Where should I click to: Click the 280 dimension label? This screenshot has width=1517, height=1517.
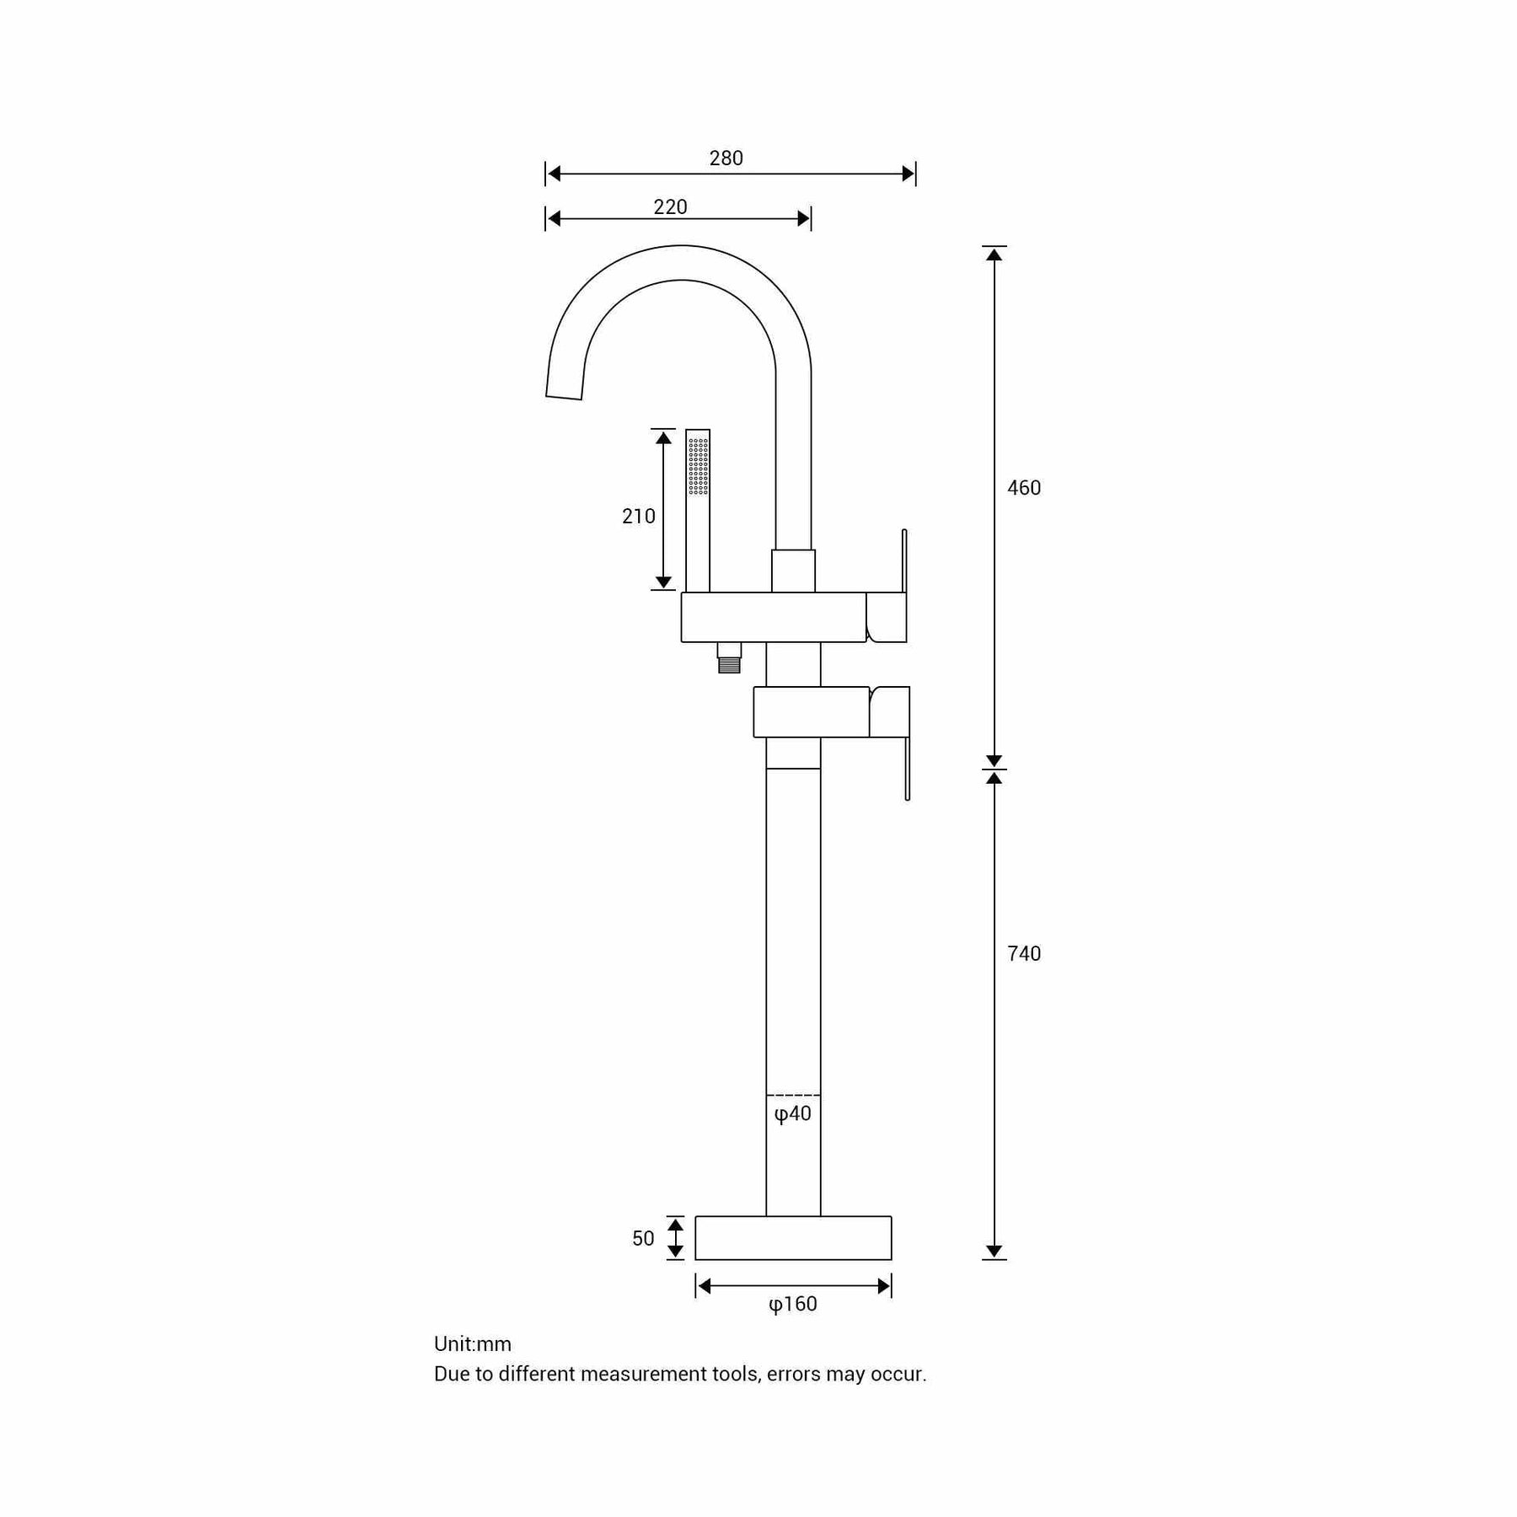(x=726, y=158)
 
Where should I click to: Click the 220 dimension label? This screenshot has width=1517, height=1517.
(x=670, y=207)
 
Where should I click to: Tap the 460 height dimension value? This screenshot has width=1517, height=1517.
(x=1024, y=488)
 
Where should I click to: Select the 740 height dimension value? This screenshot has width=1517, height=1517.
(x=1024, y=954)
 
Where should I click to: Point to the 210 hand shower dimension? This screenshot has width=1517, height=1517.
(x=638, y=517)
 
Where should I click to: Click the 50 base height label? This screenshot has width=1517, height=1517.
(x=643, y=1239)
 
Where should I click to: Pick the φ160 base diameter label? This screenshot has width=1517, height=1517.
(x=793, y=1305)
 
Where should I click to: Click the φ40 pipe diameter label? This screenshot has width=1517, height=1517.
(x=792, y=1114)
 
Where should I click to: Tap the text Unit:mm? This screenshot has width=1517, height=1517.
(x=473, y=1344)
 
